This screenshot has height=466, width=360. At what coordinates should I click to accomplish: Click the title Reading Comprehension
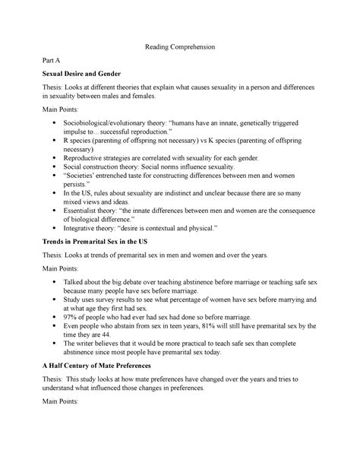coord(180,47)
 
